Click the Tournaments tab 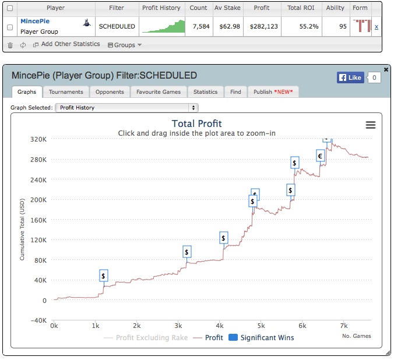click(66, 91)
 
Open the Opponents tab click(110, 91)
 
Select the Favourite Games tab click(159, 91)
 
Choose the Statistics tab click(205, 91)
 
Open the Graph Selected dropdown click(126, 108)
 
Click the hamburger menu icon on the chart click(370, 125)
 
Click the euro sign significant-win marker click(321, 156)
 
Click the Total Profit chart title click(197, 123)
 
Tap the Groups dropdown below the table click(125, 45)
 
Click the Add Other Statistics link click(66, 44)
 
